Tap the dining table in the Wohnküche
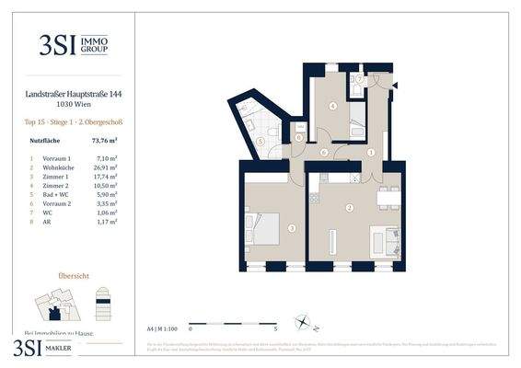tap(388, 196)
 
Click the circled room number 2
tap(349, 208)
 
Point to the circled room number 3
tap(291, 227)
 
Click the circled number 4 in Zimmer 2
tap(332, 106)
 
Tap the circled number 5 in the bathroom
tap(260, 142)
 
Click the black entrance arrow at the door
tap(396, 85)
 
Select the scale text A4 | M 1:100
tap(163, 327)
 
